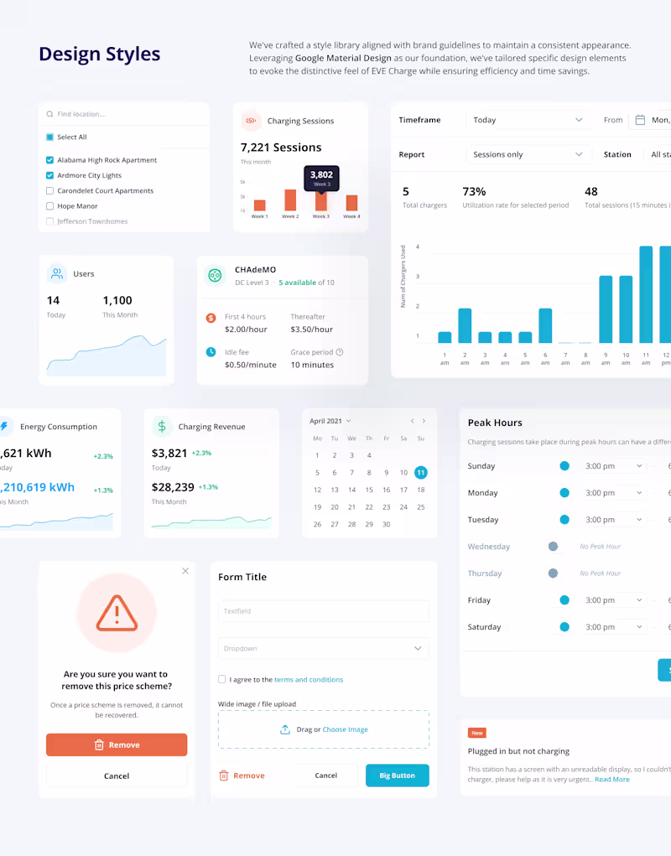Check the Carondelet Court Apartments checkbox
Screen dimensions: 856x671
click(x=50, y=191)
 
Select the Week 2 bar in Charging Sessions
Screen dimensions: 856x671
click(x=290, y=200)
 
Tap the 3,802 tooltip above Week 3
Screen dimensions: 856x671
click(x=321, y=178)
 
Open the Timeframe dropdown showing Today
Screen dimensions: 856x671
click(x=528, y=120)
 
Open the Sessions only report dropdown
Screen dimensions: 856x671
click(x=528, y=154)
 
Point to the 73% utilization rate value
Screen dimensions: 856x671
click(x=474, y=192)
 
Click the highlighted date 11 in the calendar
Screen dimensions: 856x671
click(x=421, y=473)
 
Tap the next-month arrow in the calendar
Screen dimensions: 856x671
click(x=424, y=421)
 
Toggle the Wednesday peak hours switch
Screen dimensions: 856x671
click(x=554, y=547)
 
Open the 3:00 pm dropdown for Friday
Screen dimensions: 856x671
click(x=615, y=600)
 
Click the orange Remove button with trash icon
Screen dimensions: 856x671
click(x=117, y=745)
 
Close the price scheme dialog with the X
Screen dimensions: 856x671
click(x=185, y=571)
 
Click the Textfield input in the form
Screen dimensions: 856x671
click(x=323, y=611)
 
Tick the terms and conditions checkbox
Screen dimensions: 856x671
click(x=222, y=680)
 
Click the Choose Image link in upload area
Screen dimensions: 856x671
click(x=346, y=730)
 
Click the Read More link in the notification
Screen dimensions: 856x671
click(x=612, y=780)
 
